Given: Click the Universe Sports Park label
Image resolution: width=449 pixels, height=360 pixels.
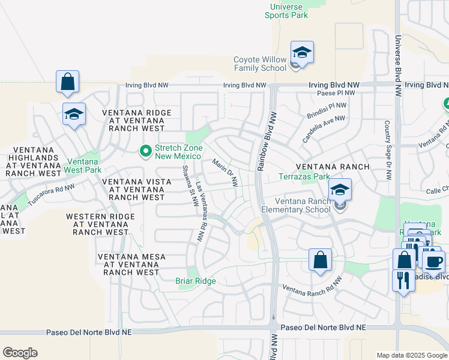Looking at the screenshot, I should [286, 11].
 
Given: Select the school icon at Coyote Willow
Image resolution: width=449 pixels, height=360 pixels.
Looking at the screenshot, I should [302, 53].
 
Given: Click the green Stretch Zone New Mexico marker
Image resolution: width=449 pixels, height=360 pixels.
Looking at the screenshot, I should [145, 151].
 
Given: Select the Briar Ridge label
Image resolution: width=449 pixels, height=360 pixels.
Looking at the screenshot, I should [195, 281].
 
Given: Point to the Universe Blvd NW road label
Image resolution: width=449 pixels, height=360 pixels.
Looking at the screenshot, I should [397, 66].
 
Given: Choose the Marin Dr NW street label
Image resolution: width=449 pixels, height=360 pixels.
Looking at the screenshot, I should [225, 173].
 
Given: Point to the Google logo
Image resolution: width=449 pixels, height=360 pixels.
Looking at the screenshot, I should [20, 353].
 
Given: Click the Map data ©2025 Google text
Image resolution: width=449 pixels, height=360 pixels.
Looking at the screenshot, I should [412, 355].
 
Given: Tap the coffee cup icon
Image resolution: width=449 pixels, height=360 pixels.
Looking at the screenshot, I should [433, 261].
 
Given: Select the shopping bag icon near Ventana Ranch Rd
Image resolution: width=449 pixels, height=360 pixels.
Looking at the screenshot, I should [321, 260].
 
